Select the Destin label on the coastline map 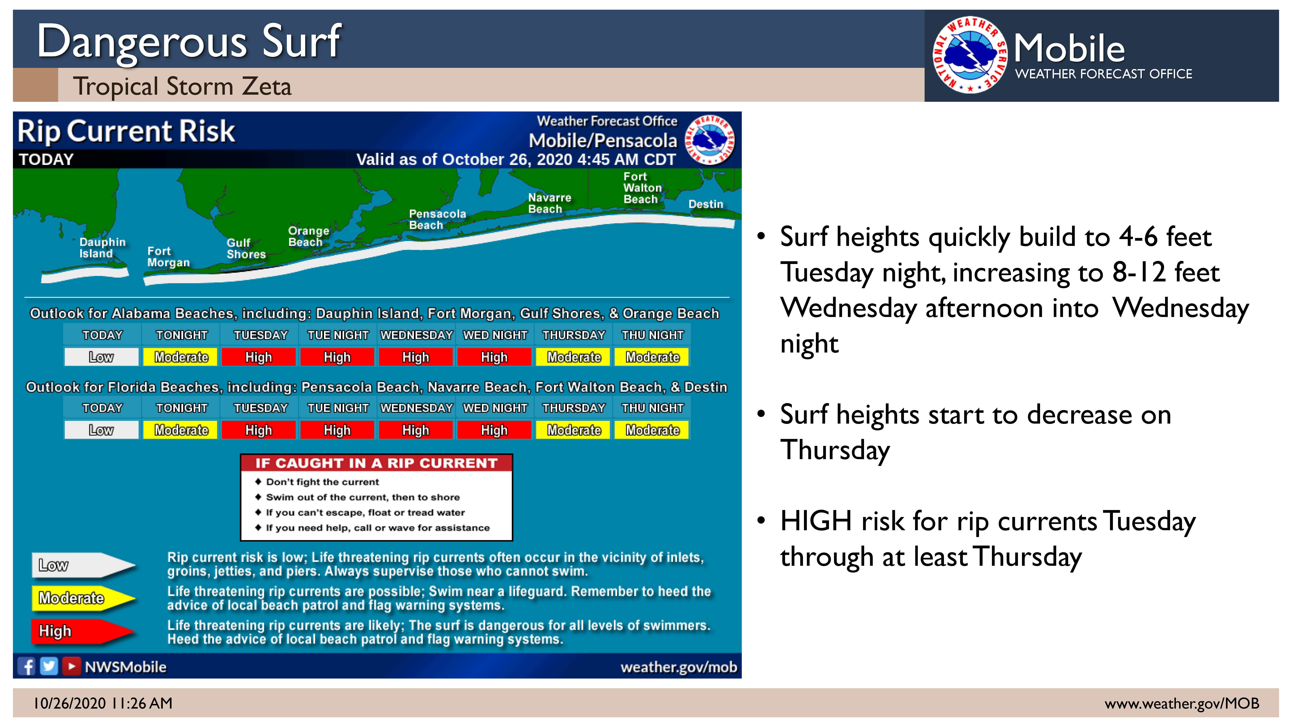tap(706, 204)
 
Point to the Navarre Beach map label tap(550, 203)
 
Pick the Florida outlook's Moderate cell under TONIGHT tap(181, 430)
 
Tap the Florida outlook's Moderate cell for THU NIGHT tap(652, 430)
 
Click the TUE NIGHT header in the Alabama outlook tap(338, 335)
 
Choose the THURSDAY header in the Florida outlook tap(574, 408)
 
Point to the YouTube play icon tap(71, 666)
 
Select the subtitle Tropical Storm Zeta tap(182, 86)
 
